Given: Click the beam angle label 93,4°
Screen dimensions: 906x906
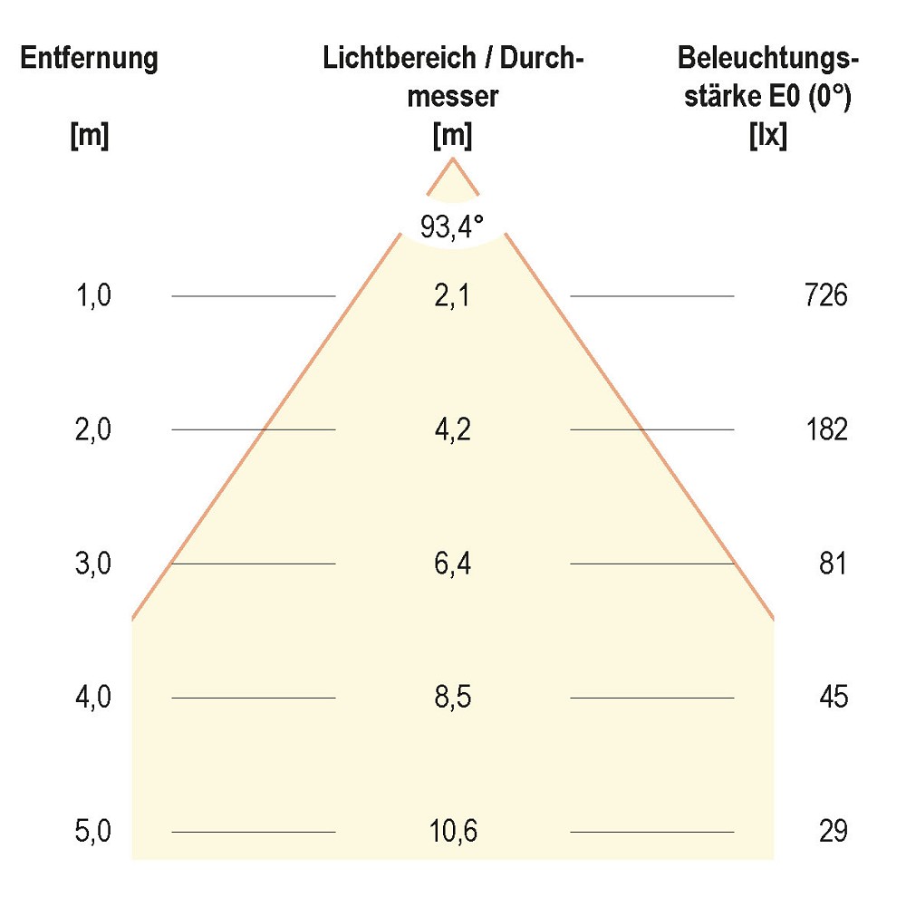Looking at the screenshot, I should (x=452, y=226).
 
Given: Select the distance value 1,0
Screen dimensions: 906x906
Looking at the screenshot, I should (x=94, y=295).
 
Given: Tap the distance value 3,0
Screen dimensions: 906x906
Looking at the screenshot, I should (x=94, y=564).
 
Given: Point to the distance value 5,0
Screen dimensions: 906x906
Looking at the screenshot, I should (x=94, y=831).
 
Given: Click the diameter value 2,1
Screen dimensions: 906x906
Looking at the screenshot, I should (x=452, y=295).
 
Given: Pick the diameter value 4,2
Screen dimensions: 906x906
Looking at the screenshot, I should (x=452, y=429).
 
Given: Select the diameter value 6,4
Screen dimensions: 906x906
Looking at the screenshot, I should (x=452, y=564).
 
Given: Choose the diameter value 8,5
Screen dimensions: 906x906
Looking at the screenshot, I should (x=452, y=698).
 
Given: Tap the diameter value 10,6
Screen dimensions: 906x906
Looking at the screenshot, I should (x=453, y=831).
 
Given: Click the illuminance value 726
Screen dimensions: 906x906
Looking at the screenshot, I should (x=825, y=295).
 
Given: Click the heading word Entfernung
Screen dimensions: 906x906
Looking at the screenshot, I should (x=90, y=60).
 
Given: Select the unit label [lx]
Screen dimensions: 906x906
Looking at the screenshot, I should (x=768, y=136).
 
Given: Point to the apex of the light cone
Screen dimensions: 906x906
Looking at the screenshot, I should (x=453, y=159).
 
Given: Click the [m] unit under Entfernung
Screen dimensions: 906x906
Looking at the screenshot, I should (x=90, y=136).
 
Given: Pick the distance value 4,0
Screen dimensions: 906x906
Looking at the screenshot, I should (x=94, y=698).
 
